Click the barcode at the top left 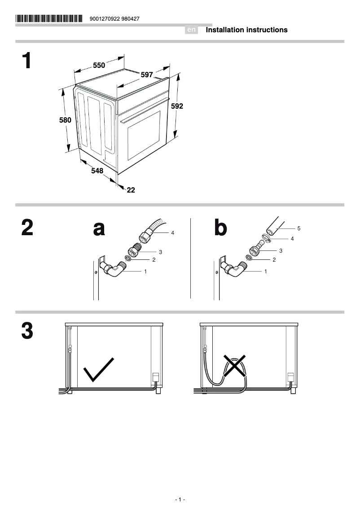(49, 19)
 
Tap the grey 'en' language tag (192, 30)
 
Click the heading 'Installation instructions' (246, 30)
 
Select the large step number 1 (27, 61)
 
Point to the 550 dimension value (99, 66)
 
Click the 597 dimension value (147, 75)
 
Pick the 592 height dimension (177, 106)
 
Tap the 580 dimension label (66, 120)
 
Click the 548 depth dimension (97, 171)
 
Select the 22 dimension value (131, 190)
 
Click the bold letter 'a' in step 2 (99, 228)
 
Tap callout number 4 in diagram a (172, 233)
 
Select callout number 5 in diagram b (299, 228)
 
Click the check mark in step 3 (99, 369)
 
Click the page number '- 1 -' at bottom (180, 500)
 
